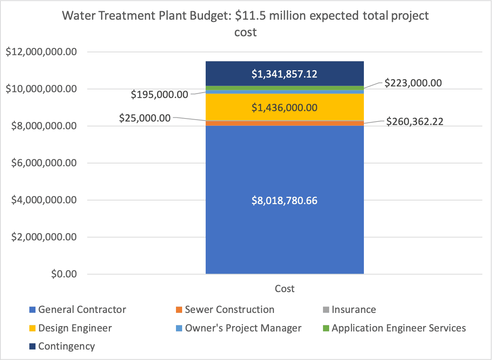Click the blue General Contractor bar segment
coord(284,232)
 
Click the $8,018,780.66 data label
coord(284,201)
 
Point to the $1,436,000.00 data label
coord(284,108)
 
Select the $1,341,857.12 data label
coord(284,74)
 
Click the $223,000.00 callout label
coord(413,83)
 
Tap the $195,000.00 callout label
coord(160,95)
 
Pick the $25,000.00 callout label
coord(145,118)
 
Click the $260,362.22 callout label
coord(415,122)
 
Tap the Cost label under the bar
coord(284,289)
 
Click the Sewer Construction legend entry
coord(229,309)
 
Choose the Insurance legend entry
coord(353,309)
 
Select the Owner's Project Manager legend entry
coord(243,328)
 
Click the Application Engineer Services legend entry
coord(399,328)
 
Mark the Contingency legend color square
coord(32,346)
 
